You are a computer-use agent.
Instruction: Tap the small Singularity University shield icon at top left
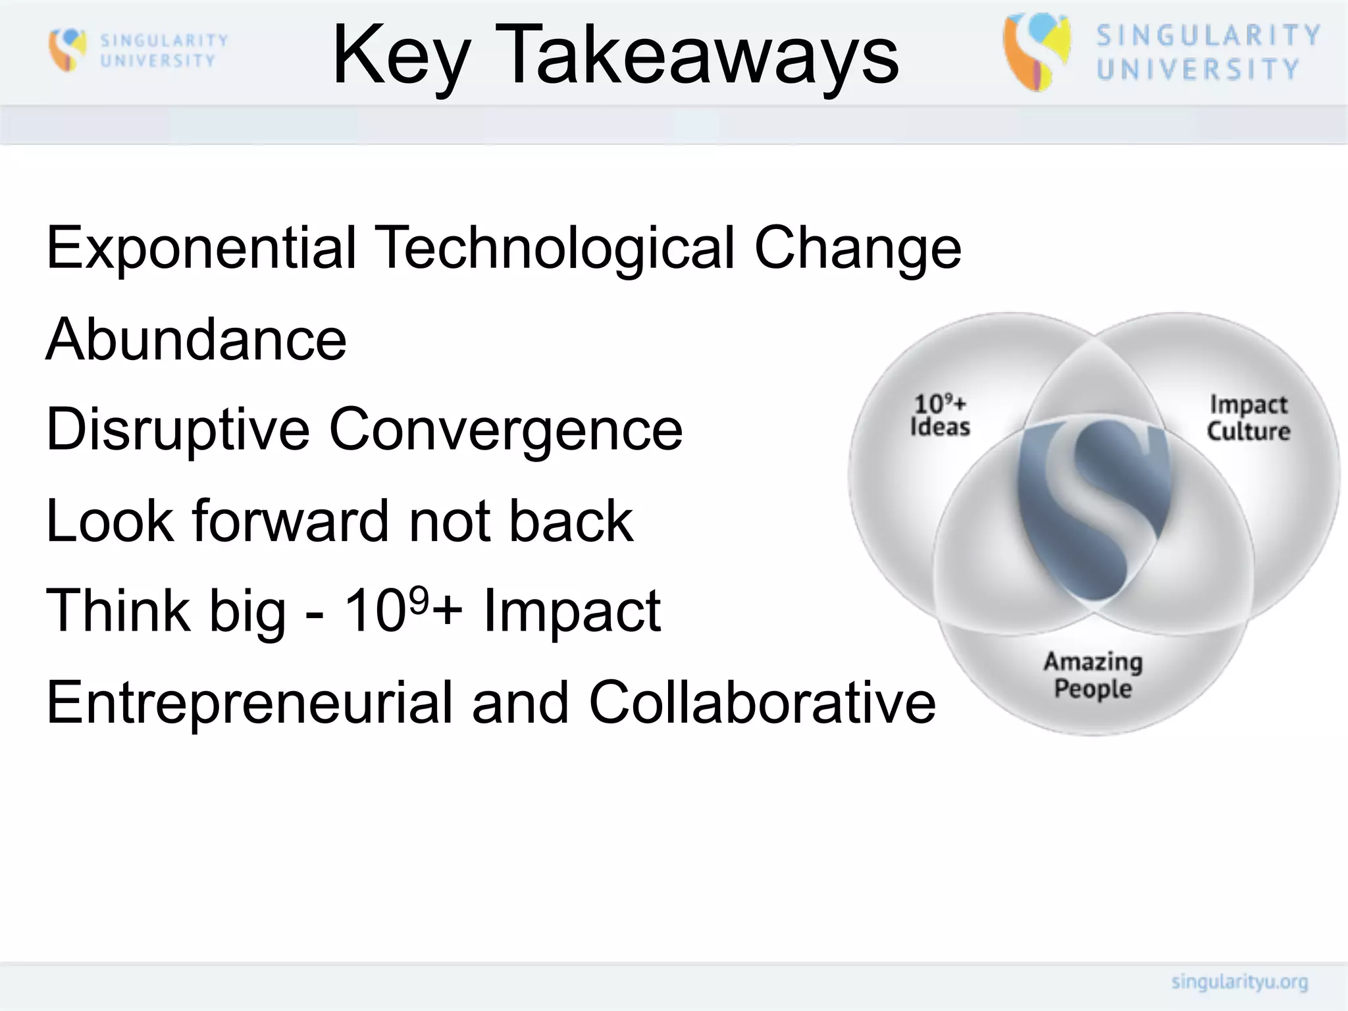(67, 49)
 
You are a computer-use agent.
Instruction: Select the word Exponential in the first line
(201, 249)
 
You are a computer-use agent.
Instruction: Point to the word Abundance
(195, 340)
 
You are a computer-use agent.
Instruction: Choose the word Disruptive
(178, 430)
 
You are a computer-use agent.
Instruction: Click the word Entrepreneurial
(249, 702)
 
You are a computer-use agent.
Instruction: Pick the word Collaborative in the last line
(762, 702)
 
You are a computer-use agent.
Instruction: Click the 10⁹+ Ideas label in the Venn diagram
(940, 415)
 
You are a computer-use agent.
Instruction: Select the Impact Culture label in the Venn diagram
(1248, 418)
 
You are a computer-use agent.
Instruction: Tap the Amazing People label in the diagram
(1093, 675)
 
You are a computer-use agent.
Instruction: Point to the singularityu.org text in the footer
(1239, 982)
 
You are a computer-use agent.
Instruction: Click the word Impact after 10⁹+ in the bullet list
(571, 611)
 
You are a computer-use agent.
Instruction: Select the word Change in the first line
(857, 249)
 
